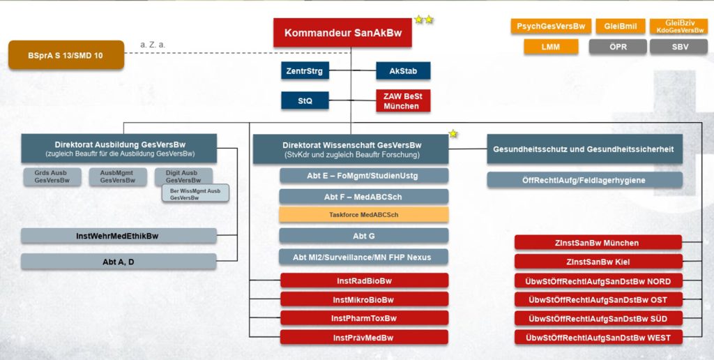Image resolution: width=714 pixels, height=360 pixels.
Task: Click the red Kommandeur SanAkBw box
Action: (x=342, y=33)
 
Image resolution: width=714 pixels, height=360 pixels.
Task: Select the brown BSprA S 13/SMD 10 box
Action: (x=66, y=55)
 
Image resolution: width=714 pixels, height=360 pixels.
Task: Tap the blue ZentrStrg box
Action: (x=305, y=70)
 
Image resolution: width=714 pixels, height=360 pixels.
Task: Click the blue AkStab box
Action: (x=403, y=70)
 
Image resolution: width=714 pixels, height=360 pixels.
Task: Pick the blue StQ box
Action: (x=305, y=101)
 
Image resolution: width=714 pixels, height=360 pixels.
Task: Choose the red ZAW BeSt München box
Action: (x=403, y=101)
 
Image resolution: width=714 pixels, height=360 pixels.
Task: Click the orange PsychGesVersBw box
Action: (x=551, y=27)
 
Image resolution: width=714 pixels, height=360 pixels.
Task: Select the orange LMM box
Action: (x=551, y=47)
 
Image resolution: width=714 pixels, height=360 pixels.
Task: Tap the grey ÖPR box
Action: (x=617, y=47)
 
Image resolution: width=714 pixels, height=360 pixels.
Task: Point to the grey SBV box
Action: (x=678, y=47)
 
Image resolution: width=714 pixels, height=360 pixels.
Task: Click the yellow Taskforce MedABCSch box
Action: (x=363, y=215)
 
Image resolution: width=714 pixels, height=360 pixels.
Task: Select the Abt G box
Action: (x=363, y=236)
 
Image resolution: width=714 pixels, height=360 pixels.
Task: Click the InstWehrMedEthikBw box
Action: (x=118, y=236)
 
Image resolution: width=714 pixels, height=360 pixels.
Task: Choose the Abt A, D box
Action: (x=118, y=262)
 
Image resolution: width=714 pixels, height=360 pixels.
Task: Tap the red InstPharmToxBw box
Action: (x=363, y=318)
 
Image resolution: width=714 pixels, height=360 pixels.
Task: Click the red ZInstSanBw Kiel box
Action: (x=598, y=262)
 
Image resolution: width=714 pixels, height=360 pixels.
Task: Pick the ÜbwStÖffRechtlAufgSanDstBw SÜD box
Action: (x=598, y=318)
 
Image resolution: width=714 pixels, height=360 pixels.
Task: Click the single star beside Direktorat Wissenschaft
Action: (x=453, y=133)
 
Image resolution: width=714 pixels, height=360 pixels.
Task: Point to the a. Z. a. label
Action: (x=153, y=45)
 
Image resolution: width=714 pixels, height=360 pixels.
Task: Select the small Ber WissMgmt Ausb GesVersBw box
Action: (x=195, y=194)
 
